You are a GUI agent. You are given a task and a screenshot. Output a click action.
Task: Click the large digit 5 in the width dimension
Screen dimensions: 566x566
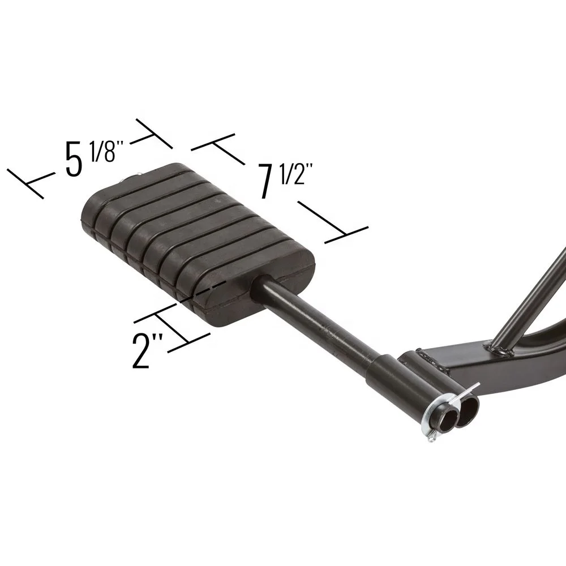pyautogui.click(x=74, y=158)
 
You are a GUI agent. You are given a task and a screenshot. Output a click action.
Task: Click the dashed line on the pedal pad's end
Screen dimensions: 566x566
pyautogui.click(x=203, y=291)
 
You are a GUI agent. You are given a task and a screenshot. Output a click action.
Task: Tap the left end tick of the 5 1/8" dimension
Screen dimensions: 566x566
pyautogui.click(x=25, y=183)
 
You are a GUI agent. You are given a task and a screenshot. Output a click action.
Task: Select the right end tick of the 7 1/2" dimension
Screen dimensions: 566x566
pyautogui.click(x=346, y=235)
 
